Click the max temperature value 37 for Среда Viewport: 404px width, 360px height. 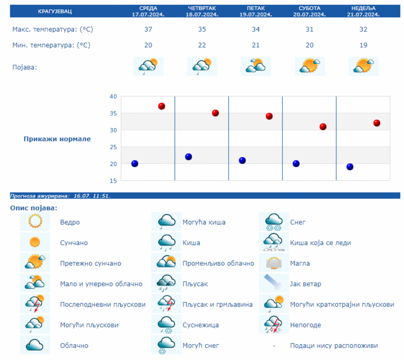pyautogui.click(x=148, y=30)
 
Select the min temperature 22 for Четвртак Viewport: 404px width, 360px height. pyautogui.click(x=202, y=45)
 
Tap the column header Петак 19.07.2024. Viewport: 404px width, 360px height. pyautogui.click(x=255, y=11)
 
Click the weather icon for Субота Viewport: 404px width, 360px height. pyautogui.click(x=310, y=66)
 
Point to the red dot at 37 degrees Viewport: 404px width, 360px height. pyautogui.click(x=162, y=106)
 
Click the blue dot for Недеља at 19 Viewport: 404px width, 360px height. pyautogui.click(x=350, y=167)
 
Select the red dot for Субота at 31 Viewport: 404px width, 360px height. pyautogui.click(x=323, y=127)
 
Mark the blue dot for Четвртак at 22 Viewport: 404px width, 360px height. pyautogui.click(x=189, y=157)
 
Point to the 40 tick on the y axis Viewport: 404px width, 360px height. pyautogui.click(x=113, y=97)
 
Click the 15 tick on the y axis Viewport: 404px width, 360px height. pyautogui.click(x=113, y=180)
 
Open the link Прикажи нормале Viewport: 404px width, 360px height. pyautogui.click(x=57, y=139)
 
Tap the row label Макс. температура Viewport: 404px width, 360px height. pyautogui.click(x=53, y=30)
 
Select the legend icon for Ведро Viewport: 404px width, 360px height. pyautogui.click(x=35, y=222)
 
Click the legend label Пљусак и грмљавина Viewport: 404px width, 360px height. pyautogui.click(x=217, y=304)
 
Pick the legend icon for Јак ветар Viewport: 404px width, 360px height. pyautogui.click(x=274, y=284)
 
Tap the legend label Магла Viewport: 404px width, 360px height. pyautogui.click(x=300, y=263)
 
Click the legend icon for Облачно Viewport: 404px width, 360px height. pyautogui.click(x=35, y=345)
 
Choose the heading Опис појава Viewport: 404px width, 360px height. pyautogui.click(x=34, y=208)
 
